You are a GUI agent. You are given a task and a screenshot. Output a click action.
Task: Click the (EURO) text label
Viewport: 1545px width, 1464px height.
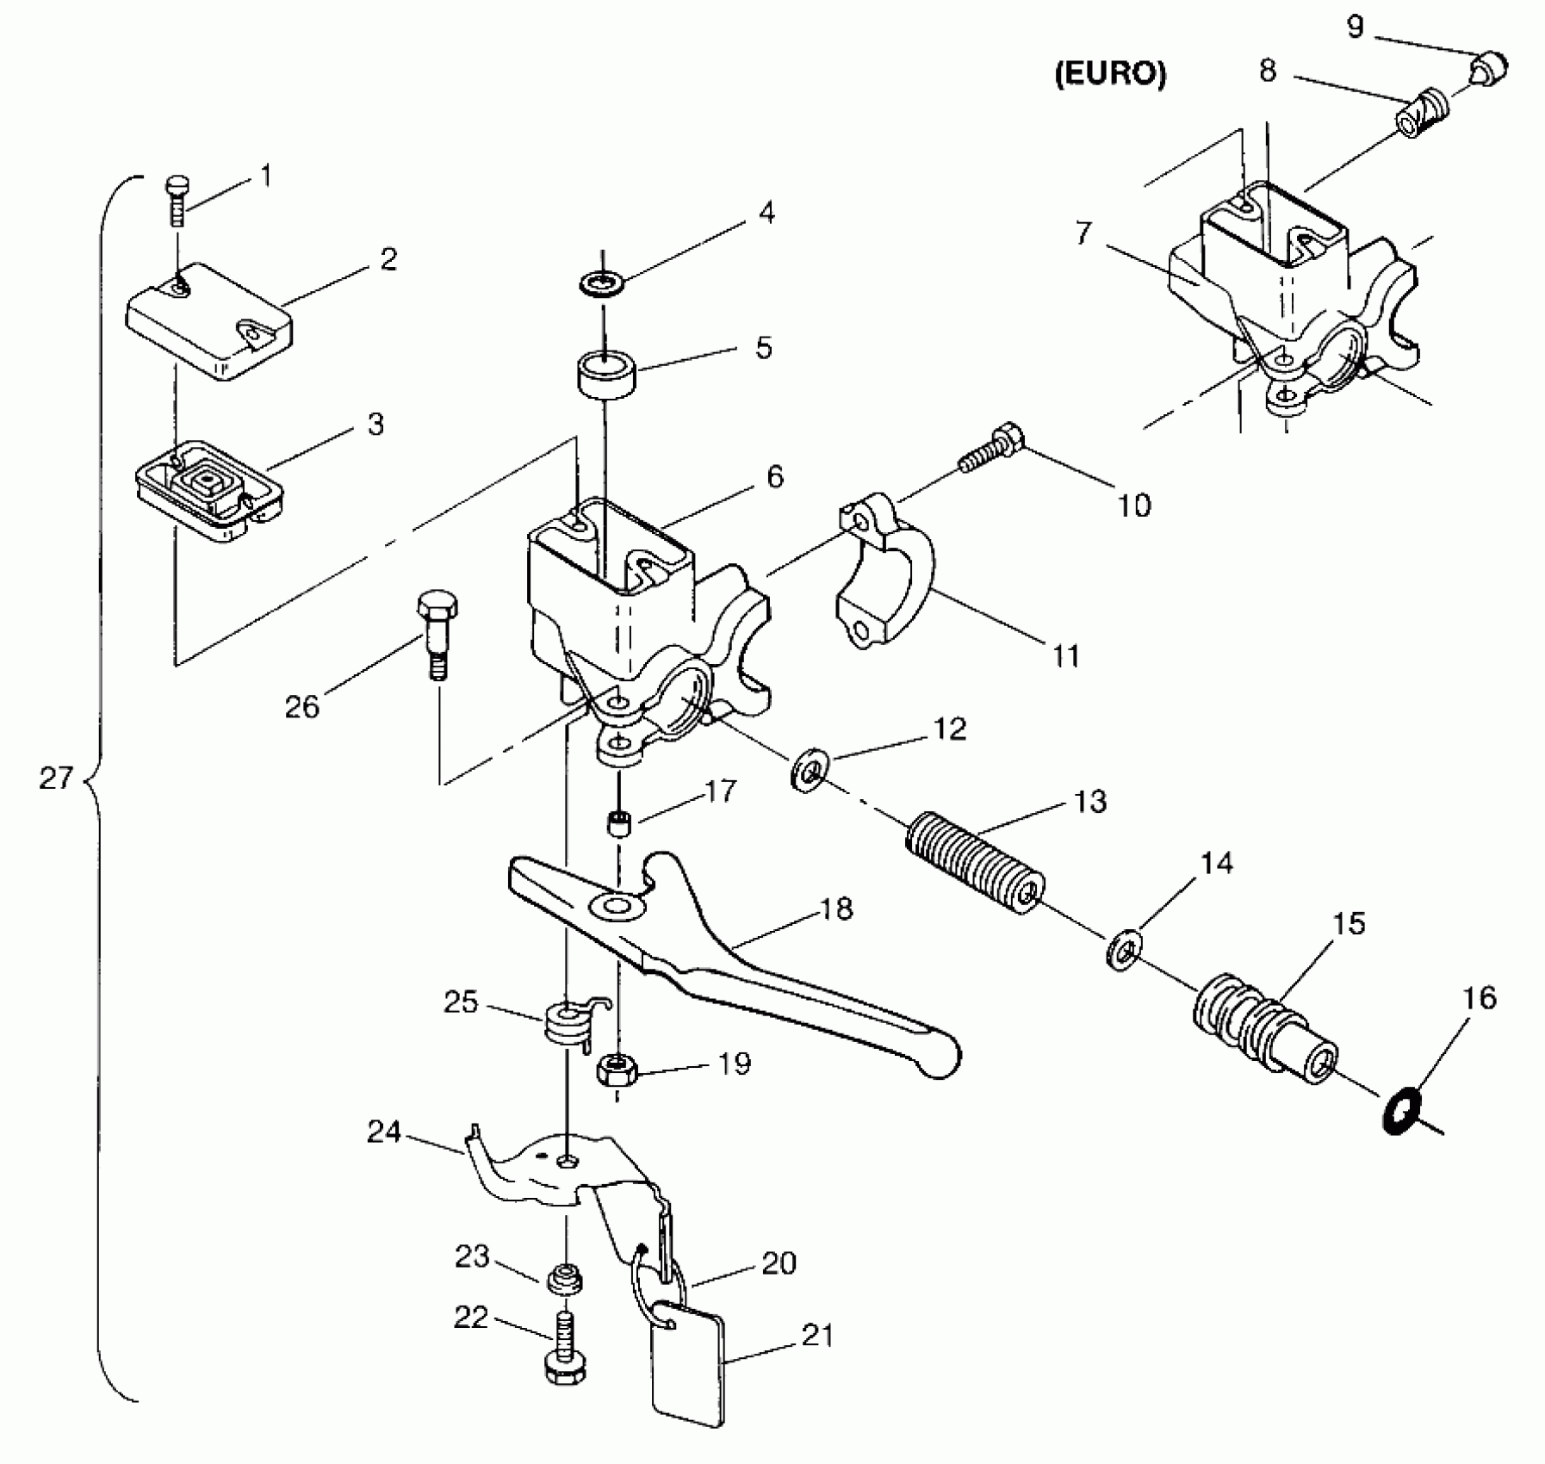(x=1110, y=74)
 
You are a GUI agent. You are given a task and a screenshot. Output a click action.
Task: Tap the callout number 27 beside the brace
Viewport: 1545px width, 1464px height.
(x=57, y=779)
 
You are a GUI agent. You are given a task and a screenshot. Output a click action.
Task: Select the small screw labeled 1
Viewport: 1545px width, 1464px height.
(x=177, y=201)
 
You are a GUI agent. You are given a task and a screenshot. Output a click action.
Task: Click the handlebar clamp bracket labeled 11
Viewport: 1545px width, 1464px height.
(x=885, y=570)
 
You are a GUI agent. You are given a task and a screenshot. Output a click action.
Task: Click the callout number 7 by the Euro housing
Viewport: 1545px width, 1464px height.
(x=1083, y=233)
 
